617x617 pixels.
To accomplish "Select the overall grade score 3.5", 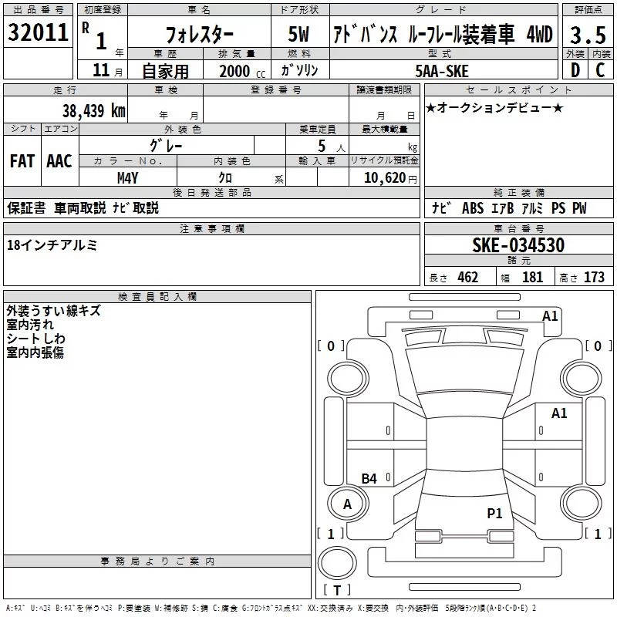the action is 587,35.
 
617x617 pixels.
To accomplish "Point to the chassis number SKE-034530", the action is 518,245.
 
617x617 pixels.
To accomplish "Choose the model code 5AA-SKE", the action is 442,70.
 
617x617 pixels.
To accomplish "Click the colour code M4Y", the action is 127,177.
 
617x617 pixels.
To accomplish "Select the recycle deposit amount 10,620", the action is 383,177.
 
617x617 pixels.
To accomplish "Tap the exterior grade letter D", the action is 575,70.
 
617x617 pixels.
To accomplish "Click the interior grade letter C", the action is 600,70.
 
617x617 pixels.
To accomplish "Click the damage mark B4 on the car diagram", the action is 369,478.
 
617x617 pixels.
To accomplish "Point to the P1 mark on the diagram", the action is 494,513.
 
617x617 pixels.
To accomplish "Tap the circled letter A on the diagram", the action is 347,504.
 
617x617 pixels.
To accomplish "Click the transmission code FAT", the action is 22,160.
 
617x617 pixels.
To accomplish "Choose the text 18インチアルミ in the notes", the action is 52,244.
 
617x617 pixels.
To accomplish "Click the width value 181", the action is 532,278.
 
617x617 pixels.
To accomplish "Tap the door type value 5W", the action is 299,35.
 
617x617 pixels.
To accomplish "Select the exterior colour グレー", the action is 166,144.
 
